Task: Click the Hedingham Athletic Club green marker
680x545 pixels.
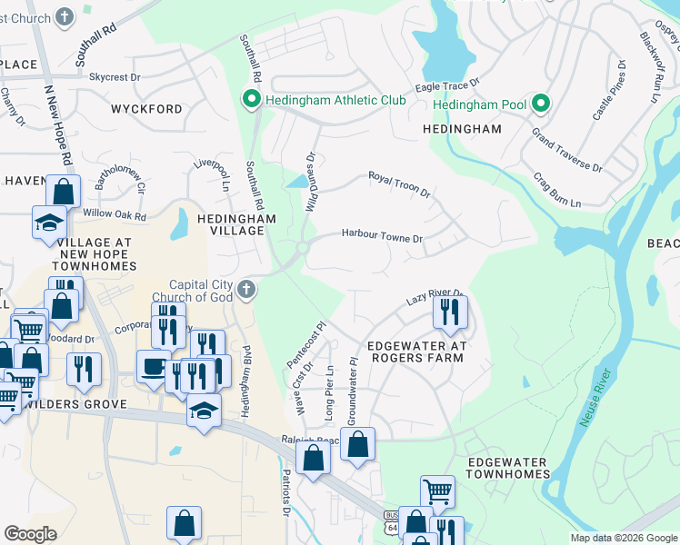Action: (251, 99)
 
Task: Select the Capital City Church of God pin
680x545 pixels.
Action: (245, 291)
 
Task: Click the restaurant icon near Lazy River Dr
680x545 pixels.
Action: (450, 313)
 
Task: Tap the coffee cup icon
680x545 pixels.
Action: (152, 366)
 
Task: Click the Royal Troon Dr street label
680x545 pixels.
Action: (398, 183)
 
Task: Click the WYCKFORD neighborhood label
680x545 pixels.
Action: (146, 109)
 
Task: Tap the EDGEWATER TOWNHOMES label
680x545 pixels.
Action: (508, 468)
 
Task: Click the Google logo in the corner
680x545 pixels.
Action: (30, 534)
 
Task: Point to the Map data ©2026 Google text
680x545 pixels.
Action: (624, 538)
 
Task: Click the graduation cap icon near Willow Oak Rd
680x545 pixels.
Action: (49, 222)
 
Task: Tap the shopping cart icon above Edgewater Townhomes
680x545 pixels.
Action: (437, 491)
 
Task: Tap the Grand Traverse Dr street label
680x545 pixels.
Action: (567, 152)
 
